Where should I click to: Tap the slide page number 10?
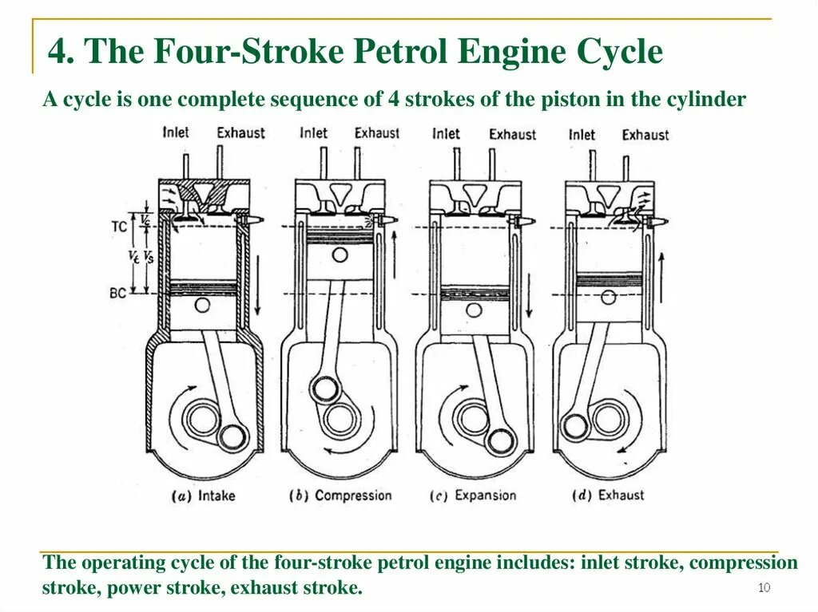coord(764,589)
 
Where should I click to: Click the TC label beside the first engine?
coord(118,226)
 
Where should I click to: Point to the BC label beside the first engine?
coord(117,293)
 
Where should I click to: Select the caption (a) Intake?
coord(204,496)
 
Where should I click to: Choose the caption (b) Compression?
coord(340,496)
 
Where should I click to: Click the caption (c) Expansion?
coord(474,496)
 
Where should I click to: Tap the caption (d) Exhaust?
coord(609,496)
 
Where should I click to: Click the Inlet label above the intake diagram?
coord(176,132)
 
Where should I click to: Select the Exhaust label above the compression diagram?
coord(377,132)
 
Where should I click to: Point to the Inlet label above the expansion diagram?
coord(446,133)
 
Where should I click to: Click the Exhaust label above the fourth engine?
coord(645,135)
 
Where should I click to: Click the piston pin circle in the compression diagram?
coord(341,255)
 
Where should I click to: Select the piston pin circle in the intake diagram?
coord(203,306)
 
